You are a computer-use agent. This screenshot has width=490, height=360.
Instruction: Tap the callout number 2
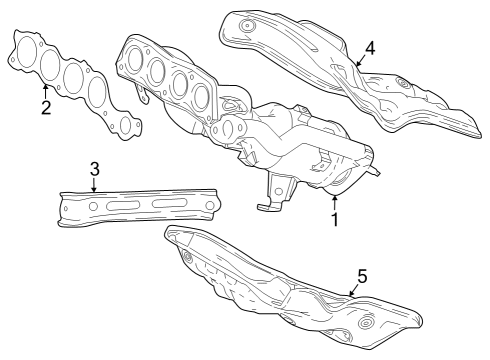pyautogui.click(x=46, y=107)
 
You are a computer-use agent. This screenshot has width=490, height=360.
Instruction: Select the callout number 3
pyautogui.click(x=93, y=168)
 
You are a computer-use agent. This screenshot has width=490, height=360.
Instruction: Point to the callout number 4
pyautogui.click(x=371, y=47)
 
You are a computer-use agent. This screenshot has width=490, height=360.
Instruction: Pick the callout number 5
pyautogui.click(x=363, y=274)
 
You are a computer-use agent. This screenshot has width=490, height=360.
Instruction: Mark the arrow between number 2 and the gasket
pyautogui.click(x=46, y=91)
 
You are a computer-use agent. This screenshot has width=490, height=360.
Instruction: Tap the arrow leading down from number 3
pyautogui.click(x=93, y=184)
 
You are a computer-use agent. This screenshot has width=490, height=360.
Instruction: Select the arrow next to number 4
pyautogui.click(x=357, y=60)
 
